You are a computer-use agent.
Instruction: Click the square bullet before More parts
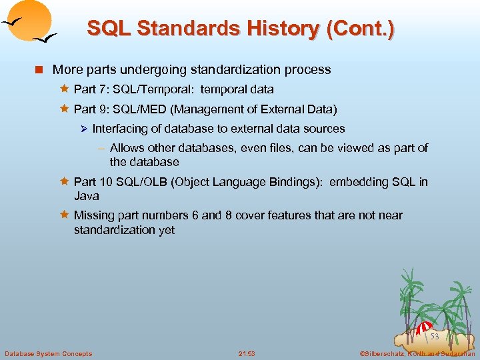point(41,70)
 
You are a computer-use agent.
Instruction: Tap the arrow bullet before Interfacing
point(84,129)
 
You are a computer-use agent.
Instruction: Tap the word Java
point(87,196)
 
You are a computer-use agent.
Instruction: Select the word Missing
point(95,215)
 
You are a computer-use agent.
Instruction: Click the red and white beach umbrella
point(424,328)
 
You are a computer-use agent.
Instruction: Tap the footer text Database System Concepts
point(48,353)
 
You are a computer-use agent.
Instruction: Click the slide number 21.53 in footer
point(247,353)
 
